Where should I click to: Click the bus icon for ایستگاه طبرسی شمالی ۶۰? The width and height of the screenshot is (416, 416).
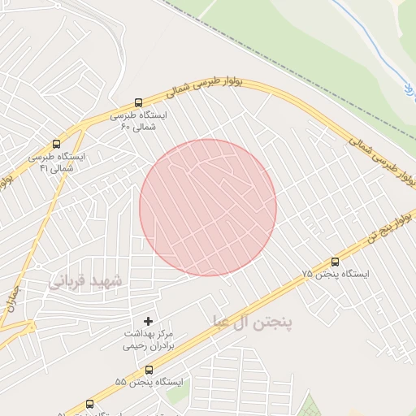[137, 104]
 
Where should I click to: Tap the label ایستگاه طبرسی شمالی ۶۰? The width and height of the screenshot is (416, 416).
[143, 121]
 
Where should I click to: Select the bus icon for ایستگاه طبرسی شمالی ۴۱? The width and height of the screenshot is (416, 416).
[56, 144]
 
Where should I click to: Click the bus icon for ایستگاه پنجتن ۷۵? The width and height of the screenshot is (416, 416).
[335, 262]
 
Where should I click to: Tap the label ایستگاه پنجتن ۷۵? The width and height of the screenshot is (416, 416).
[335, 275]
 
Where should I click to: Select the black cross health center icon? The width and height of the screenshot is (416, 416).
[148, 321]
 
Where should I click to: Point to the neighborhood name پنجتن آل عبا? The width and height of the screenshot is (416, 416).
[251, 322]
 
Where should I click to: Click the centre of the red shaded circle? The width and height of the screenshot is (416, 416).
[208, 207]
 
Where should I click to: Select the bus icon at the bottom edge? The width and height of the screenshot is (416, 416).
[89, 405]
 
